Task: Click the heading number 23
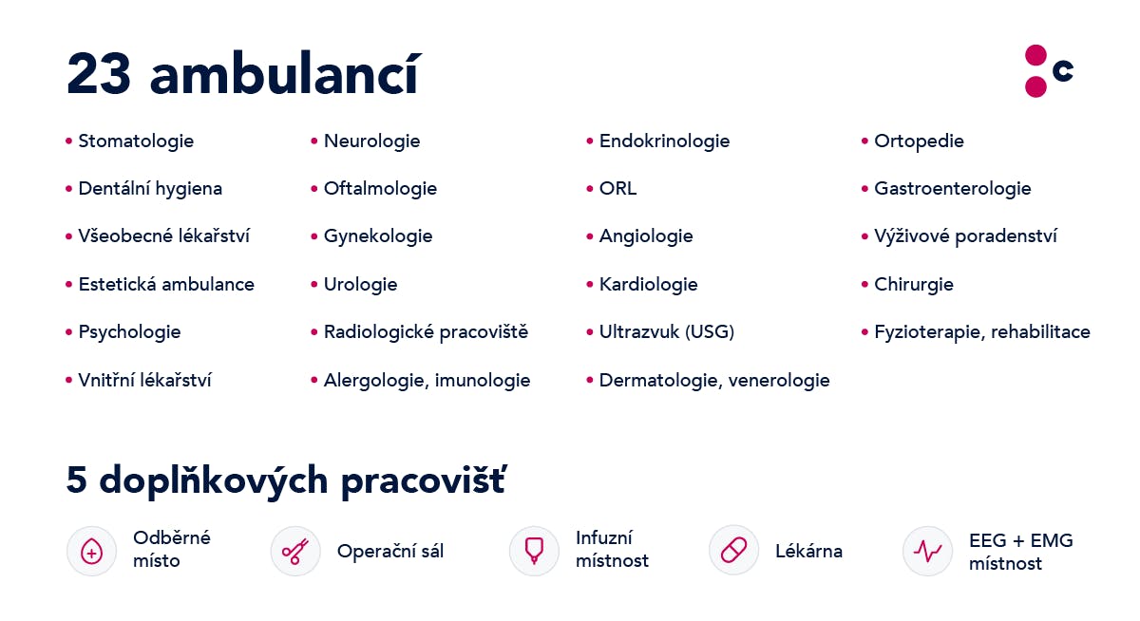pyautogui.click(x=99, y=74)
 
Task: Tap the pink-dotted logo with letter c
pyautogui.click(x=1049, y=70)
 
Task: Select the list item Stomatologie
pyautogui.click(x=136, y=141)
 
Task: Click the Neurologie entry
pyautogui.click(x=372, y=141)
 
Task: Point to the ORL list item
pyautogui.click(x=617, y=189)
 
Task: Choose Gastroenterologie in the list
pyautogui.click(x=953, y=189)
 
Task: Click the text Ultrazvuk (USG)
pyautogui.click(x=667, y=332)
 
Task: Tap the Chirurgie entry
pyautogui.click(x=914, y=285)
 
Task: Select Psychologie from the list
pyautogui.click(x=129, y=332)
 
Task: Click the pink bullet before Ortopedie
pyautogui.click(x=864, y=141)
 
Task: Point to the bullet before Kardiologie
pyautogui.click(x=590, y=284)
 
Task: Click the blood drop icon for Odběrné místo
pyautogui.click(x=91, y=552)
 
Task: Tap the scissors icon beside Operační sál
pyautogui.click(x=295, y=552)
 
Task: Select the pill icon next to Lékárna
pyautogui.click(x=733, y=551)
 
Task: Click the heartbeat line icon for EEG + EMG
pyautogui.click(x=928, y=551)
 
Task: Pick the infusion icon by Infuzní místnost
pyautogui.click(x=534, y=551)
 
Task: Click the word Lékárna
pyautogui.click(x=808, y=552)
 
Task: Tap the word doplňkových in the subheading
pyautogui.click(x=213, y=480)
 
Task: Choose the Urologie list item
pyautogui.click(x=360, y=285)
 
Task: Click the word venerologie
pyautogui.click(x=779, y=381)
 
